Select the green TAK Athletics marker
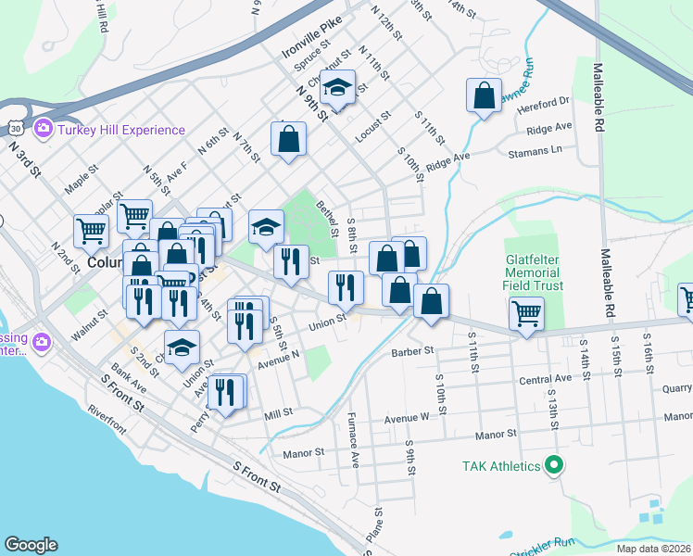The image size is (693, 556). [554, 465]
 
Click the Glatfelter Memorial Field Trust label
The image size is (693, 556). [533, 273]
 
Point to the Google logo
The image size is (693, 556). [31, 545]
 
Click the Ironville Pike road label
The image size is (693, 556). [313, 35]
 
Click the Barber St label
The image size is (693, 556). [412, 352]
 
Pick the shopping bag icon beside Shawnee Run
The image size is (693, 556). [485, 95]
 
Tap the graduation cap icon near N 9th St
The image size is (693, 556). [337, 86]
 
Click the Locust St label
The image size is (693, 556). [372, 127]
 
